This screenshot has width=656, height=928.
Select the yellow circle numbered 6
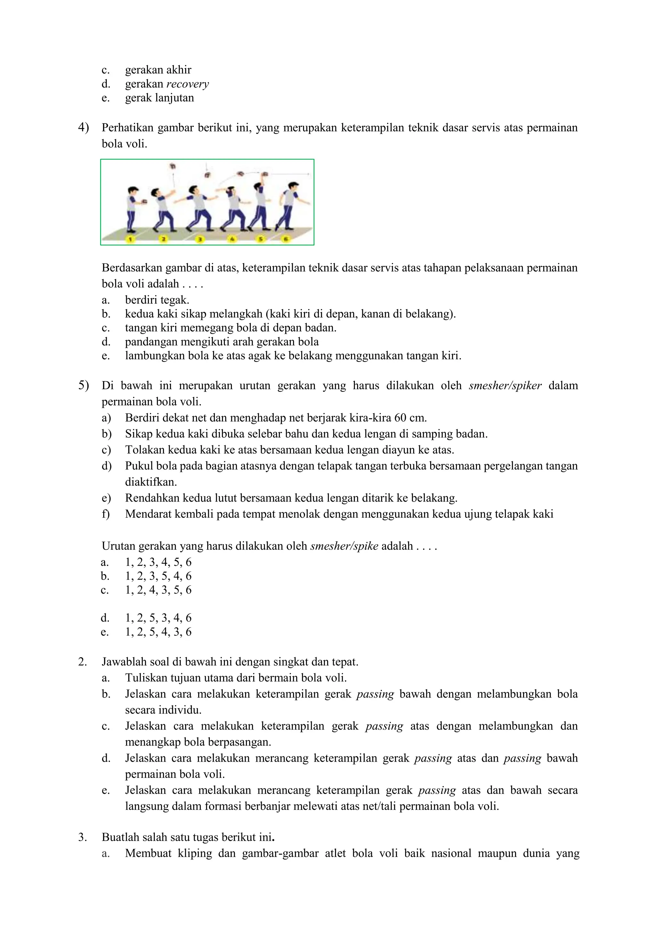click(286, 239)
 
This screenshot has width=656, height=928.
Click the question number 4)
click(83, 128)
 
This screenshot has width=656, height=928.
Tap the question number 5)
click(83, 386)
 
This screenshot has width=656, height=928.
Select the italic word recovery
click(187, 84)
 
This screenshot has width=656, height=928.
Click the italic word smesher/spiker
click(505, 386)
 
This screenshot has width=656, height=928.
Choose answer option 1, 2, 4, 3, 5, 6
click(158, 590)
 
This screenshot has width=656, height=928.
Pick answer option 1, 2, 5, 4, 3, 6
click(158, 632)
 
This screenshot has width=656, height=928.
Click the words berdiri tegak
click(157, 300)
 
